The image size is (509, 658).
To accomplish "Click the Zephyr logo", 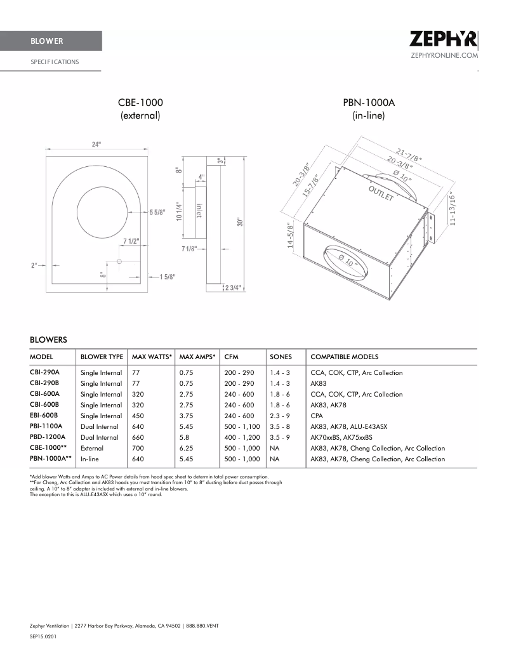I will tap(443, 39).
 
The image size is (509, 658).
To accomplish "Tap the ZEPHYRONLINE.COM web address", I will tap(444, 56).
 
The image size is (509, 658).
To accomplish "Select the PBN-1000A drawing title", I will tap(368, 102).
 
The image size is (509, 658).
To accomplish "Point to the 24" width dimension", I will tap(96, 145).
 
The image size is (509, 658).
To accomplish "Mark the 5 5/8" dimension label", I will tap(159, 212).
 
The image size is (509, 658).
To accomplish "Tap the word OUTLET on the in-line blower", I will tap(381, 194).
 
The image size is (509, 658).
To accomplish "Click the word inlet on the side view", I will tap(199, 211).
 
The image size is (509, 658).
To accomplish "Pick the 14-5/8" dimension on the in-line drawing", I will tap(290, 235).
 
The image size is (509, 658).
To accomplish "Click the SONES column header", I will tap(281, 357).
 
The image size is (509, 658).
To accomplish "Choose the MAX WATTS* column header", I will tap(152, 357).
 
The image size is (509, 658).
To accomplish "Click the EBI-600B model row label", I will tap(44, 416).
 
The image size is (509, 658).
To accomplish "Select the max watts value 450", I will tap(138, 416).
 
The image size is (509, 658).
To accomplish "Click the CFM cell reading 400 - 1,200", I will tap(242, 437).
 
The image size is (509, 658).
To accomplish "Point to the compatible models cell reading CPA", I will tap(317, 416).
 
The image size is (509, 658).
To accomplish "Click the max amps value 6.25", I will tap(187, 448).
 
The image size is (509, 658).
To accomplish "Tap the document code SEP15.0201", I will tap(43, 635).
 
